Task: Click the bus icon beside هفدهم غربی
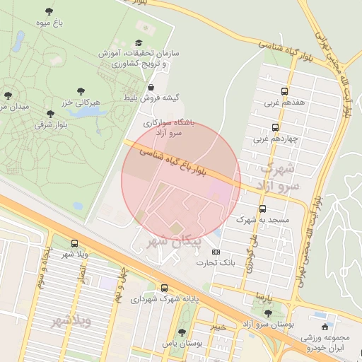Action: click(284, 91)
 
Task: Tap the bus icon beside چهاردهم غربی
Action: click(275, 128)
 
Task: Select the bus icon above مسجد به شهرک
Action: click(262, 209)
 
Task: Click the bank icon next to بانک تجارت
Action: click(216, 252)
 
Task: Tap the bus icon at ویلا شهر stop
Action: click(74, 243)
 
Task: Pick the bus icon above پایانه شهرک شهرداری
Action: click(164, 288)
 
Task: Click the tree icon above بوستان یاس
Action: click(182, 332)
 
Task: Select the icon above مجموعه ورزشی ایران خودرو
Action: click(325, 327)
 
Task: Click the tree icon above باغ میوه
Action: click(49, 11)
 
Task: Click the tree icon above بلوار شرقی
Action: click(49, 113)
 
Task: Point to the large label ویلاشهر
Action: click(71, 322)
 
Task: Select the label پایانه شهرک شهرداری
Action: click(165, 299)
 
